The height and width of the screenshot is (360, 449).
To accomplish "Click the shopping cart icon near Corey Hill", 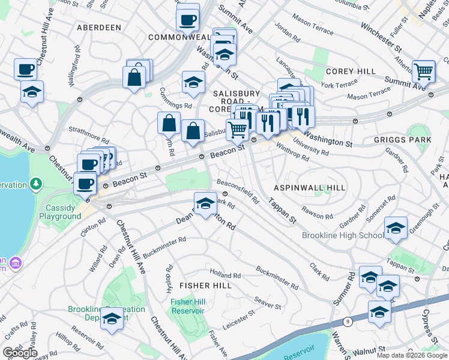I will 424,71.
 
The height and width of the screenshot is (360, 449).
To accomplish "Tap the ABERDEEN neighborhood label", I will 99,28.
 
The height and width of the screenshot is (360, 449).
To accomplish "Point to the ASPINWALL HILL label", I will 310,188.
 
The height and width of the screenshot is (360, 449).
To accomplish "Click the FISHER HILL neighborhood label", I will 205,286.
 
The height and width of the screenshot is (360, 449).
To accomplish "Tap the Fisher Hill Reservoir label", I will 187,306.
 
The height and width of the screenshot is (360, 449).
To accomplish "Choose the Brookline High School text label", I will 343,235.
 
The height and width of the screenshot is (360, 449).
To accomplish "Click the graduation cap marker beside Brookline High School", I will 396,229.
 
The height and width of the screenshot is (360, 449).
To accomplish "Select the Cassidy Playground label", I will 63,212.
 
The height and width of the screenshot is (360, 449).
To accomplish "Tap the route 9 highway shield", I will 348,322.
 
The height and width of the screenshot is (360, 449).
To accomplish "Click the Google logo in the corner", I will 19,352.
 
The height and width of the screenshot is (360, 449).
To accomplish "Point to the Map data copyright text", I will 411,355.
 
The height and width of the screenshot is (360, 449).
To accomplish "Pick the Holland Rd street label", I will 225,275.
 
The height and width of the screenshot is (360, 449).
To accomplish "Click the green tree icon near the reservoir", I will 37,182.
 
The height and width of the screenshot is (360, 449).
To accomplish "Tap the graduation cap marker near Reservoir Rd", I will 112,319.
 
